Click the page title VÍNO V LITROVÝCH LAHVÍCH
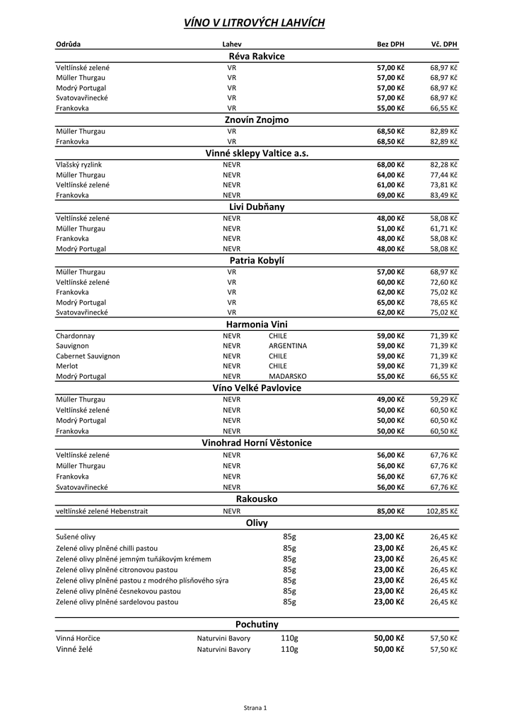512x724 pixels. click(255, 23)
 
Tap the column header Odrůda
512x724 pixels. click(69, 45)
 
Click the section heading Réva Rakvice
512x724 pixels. click(257, 56)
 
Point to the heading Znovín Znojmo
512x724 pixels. click(257, 120)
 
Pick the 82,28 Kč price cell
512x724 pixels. click(443, 164)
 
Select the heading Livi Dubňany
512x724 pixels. click(257, 207)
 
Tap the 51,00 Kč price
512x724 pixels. click(390, 228)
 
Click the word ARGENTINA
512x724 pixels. click(288, 346)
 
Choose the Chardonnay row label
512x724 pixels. click(76, 336)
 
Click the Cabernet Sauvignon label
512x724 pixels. click(88, 356)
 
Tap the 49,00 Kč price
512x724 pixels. click(390, 399)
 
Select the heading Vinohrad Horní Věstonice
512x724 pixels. click(257, 443)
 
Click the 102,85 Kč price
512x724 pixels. click(442, 510)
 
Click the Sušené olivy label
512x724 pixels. click(76, 537)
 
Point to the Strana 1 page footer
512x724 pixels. click(255, 707)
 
